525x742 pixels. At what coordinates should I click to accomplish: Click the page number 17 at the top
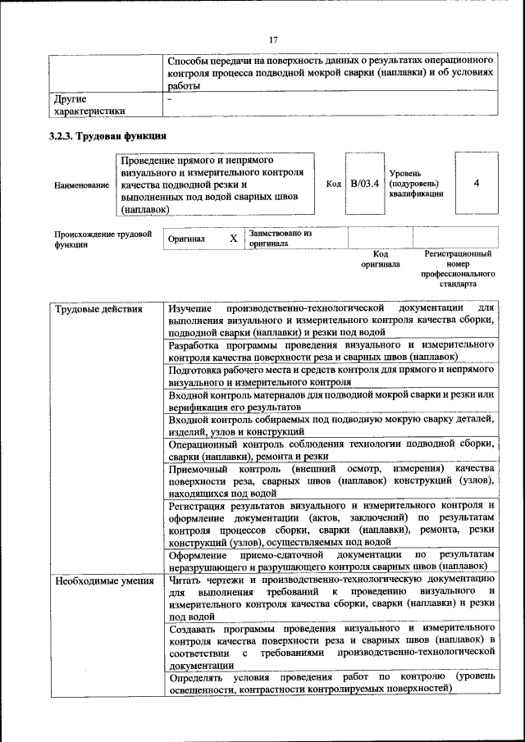273,40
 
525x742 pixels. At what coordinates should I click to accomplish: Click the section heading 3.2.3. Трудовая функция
107,135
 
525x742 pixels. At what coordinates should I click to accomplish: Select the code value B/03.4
364,184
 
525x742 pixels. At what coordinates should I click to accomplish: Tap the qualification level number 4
477,184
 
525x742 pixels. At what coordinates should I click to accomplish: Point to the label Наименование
81,185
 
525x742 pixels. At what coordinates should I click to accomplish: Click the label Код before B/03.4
333,184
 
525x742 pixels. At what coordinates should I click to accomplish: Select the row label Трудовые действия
87,309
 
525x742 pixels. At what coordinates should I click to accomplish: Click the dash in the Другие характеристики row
169,99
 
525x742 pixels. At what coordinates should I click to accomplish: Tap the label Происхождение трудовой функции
103,239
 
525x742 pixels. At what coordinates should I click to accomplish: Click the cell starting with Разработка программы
331,351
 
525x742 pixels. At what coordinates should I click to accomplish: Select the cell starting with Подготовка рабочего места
331,376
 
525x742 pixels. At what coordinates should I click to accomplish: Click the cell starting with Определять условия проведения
331,683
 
